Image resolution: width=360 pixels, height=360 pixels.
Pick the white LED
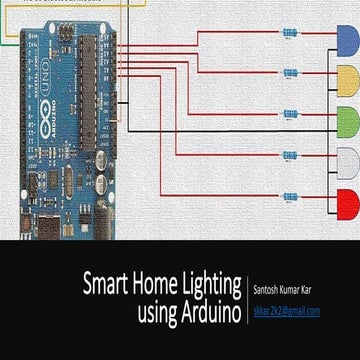click(346, 158)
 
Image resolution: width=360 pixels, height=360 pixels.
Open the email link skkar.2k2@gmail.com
click(286, 311)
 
